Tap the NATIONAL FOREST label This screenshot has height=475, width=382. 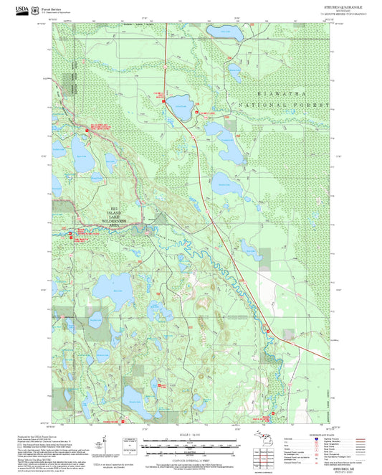294,105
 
